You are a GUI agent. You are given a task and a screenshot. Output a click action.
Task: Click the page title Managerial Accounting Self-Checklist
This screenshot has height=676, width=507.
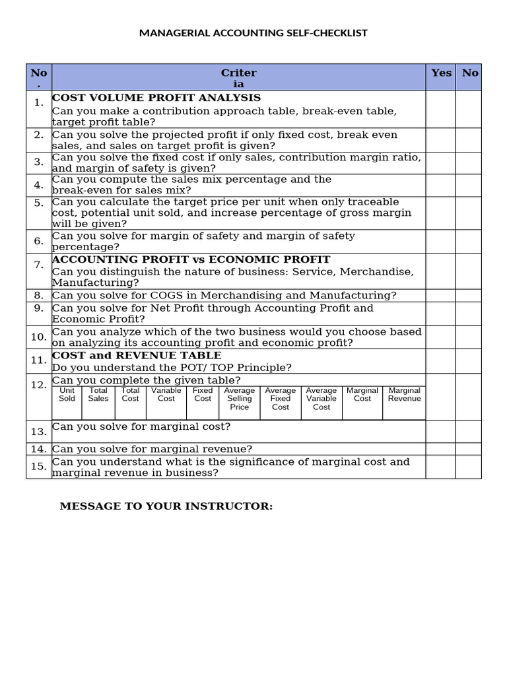tap(253, 33)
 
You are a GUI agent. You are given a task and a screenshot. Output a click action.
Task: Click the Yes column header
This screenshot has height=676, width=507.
tap(440, 73)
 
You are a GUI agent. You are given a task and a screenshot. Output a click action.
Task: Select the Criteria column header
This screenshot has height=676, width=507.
tap(238, 78)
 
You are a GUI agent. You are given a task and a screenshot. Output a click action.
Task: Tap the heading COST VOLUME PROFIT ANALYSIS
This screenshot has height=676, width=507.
tap(156, 98)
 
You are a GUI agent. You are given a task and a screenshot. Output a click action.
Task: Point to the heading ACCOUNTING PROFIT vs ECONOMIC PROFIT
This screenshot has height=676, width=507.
tap(191, 259)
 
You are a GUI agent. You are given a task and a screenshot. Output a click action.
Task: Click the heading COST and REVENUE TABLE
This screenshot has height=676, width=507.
tap(137, 356)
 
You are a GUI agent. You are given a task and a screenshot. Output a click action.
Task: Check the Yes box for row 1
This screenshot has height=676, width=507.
tap(440, 109)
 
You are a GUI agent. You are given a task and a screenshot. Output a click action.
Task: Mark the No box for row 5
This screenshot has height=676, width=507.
tap(468, 213)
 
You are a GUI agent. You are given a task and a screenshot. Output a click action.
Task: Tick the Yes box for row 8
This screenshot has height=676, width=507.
tap(440, 295)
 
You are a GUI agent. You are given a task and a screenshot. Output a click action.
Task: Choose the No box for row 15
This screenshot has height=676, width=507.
tap(468, 467)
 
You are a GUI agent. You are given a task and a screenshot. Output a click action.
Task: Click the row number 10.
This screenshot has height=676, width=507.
tap(39, 337)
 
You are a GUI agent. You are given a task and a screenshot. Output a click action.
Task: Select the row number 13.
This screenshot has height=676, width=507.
tap(39, 432)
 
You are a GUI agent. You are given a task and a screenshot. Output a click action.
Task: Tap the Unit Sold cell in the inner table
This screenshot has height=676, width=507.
tap(67, 395)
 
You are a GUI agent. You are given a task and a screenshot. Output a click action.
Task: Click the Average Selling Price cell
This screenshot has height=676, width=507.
tap(240, 399)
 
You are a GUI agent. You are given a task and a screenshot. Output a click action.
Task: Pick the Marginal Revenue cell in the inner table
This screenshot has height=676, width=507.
tap(404, 395)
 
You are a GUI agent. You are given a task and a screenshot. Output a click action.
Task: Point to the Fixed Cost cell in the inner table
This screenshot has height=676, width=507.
tap(203, 395)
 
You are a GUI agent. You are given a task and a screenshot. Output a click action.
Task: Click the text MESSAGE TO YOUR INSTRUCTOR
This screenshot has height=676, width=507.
tap(166, 506)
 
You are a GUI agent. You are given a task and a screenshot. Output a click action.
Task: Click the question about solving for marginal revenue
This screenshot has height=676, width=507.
tap(152, 449)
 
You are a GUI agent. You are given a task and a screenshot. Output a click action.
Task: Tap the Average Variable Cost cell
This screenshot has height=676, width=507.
tap(321, 399)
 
